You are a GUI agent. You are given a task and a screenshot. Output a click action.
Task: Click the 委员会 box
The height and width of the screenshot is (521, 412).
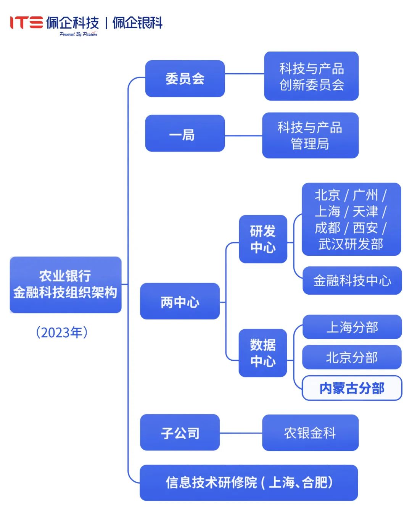pyautogui.click(x=185, y=79)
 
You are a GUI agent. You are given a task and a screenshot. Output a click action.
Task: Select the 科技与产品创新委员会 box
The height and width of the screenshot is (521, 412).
pyautogui.click(x=311, y=76)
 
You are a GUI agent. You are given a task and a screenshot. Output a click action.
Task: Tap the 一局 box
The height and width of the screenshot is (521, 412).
pyautogui.click(x=185, y=134)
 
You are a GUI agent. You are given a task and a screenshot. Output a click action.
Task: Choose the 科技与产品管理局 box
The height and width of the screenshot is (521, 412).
pyautogui.click(x=310, y=135)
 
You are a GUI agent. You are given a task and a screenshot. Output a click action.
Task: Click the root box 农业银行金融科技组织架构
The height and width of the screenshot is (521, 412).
pyautogui.click(x=66, y=285)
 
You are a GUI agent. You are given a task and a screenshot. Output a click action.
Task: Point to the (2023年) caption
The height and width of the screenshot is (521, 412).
pyautogui.click(x=62, y=332)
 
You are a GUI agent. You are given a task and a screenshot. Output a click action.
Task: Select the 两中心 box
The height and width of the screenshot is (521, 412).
pyautogui.click(x=180, y=302)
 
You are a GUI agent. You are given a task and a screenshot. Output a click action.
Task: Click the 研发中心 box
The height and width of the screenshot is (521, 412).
pyautogui.click(x=263, y=239)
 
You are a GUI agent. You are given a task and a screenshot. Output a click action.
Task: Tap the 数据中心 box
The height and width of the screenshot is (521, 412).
pyautogui.click(x=263, y=353)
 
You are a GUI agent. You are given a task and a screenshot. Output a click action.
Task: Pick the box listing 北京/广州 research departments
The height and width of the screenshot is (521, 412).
pyautogui.click(x=351, y=219)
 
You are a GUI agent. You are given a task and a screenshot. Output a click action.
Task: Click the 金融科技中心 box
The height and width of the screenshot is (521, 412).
pyautogui.click(x=352, y=281)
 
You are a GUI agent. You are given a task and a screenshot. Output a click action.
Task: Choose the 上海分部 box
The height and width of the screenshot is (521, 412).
pyautogui.click(x=352, y=327)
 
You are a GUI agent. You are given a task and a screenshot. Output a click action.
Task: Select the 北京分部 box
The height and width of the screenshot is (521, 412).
pyautogui.click(x=352, y=357)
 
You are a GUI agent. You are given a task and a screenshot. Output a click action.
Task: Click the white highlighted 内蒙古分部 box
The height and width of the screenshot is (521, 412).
pyautogui.click(x=352, y=388)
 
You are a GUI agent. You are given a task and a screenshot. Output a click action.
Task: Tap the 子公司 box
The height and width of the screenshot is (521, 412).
pyautogui.click(x=180, y=432)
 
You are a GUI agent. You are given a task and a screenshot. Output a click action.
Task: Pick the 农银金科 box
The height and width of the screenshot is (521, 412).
pyautogui.click(x=310, y=433)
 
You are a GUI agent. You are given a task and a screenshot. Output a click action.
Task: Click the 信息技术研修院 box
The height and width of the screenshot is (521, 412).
pyautogui.click(x=249, y=482)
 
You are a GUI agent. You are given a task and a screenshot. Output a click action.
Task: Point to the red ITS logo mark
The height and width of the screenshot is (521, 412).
pyautogui.click(x=26, y=23)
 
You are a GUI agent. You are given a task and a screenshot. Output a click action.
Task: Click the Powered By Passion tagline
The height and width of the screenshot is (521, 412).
pyautogui.click(x=78, y=34)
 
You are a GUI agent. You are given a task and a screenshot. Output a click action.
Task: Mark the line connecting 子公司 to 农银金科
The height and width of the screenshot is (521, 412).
pyautogui.click(x=241, y=433)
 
